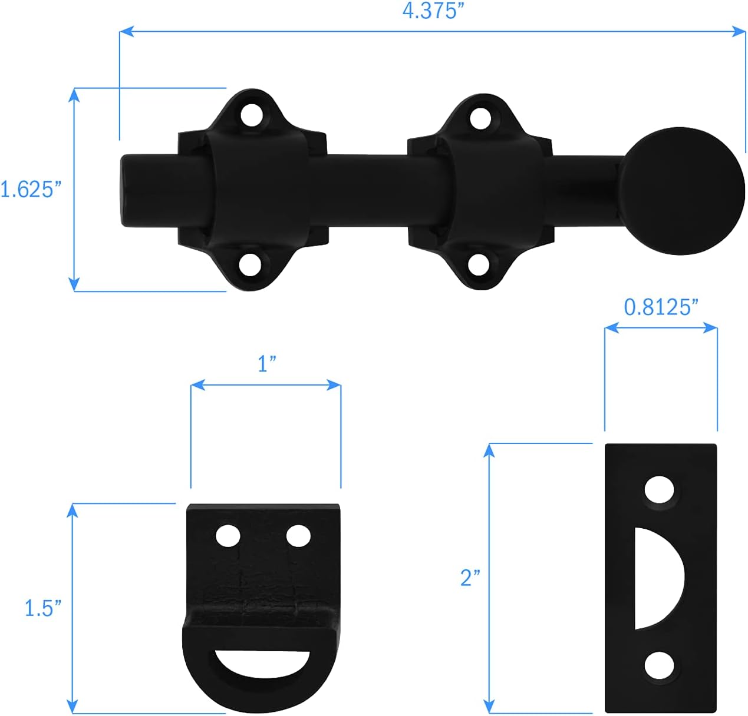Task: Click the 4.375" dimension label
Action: tap(429, 11)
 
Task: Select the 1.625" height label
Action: tap(31, 190)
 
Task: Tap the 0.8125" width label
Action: tap(661, 307)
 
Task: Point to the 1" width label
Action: tap(266, 364)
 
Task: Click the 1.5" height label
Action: tap(42, 608)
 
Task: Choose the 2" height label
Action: tap(470, 578)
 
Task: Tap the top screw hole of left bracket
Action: tap(252, 115)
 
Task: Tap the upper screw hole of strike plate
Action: tap(659, 489)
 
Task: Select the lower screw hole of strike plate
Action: tap(659, 665)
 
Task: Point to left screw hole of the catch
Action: tap(228, 535)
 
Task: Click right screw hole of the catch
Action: tap(298, 535)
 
